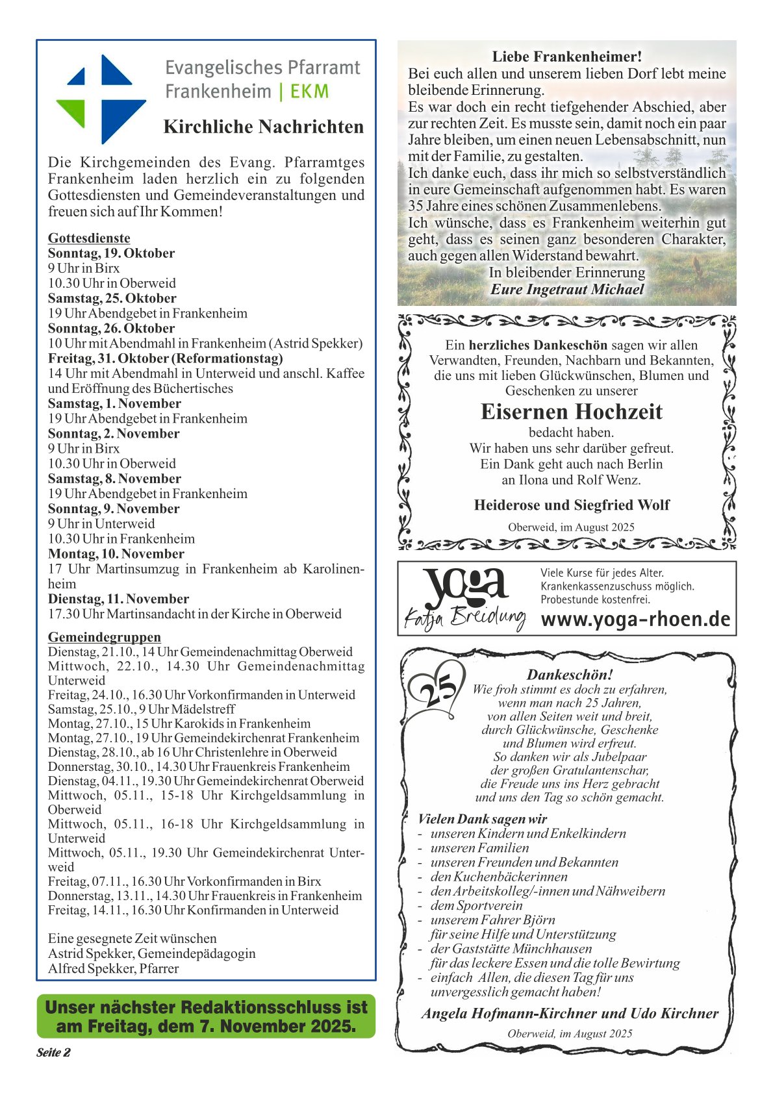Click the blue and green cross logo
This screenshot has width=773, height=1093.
point(101,99)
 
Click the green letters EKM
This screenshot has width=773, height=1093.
point(309,92)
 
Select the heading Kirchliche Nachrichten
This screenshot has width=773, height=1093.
point(263,127)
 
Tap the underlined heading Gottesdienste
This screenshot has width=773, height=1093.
point(89,238)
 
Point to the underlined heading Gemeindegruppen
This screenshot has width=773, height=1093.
point(104,637)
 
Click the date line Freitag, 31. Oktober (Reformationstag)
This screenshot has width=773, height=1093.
point(165,358)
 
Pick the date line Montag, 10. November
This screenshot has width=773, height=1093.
point(116,554)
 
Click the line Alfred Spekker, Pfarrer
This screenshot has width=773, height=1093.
point(113,968)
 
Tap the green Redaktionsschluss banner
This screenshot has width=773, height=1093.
point(206,1016)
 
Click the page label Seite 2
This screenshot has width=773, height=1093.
point(53,1053)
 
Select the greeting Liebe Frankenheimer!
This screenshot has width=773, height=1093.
point(566,57)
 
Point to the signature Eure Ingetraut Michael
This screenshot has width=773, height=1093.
point(567,290)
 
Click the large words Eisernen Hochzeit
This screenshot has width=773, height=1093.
point(572,412)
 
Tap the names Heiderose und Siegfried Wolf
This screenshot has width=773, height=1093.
point(572,505)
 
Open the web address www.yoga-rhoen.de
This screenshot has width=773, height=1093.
point(635,620)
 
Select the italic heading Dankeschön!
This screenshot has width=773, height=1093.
point(570,675)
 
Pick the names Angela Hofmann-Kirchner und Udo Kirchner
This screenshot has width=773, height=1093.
point(570,1014)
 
